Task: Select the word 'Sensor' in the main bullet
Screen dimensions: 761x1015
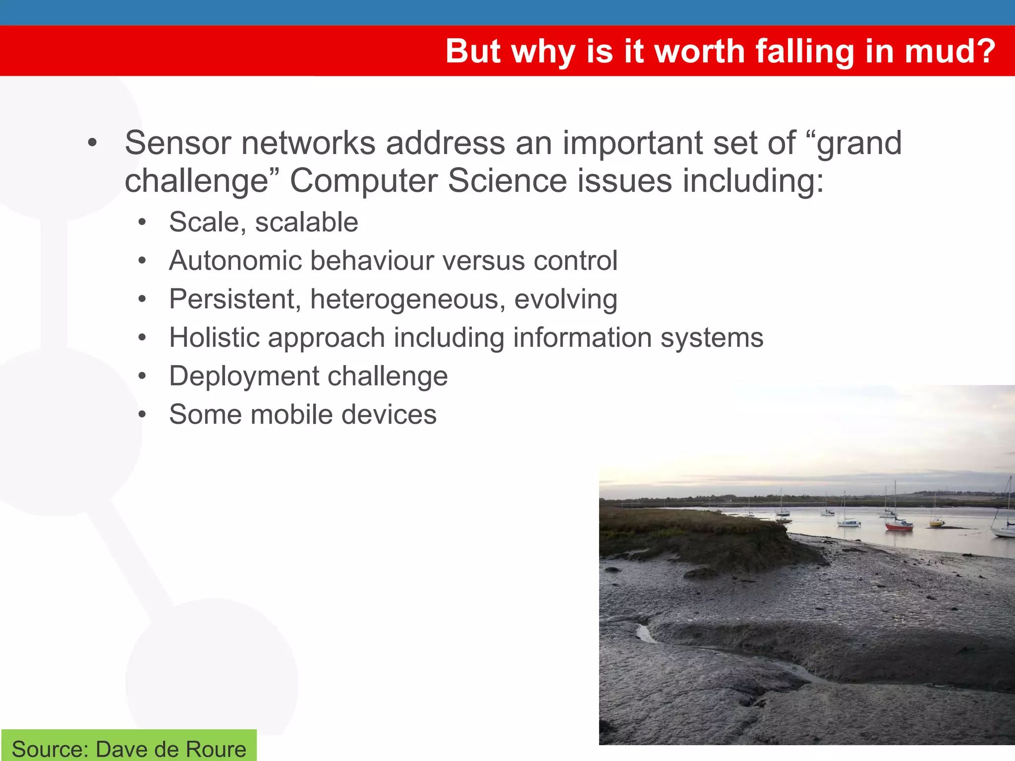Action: [177, 143]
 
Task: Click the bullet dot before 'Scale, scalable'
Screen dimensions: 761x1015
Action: [142, 222]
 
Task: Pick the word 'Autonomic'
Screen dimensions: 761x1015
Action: [235, 261]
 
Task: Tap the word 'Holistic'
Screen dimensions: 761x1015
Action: [214, 338]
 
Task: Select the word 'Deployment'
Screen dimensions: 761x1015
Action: [243, 377]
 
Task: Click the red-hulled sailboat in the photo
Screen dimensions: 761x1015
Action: [899, 526]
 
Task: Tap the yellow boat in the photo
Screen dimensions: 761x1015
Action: [936, 523]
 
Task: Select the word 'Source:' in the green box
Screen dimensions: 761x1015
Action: [50, 749]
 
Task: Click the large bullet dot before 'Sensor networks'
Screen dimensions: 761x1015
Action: [92, 144]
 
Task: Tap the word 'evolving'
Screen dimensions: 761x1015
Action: [565, 300]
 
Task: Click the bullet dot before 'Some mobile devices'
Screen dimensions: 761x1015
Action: [142, 415]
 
